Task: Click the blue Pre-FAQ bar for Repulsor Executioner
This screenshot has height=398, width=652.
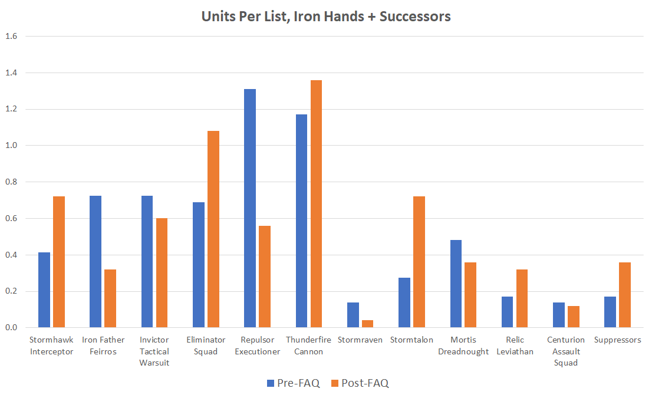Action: [249, 208]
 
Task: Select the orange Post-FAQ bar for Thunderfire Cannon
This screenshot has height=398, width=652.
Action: [316, 203]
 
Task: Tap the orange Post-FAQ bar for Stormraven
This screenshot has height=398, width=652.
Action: [367, 324]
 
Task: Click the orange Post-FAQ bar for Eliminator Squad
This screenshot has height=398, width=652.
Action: [213, 229]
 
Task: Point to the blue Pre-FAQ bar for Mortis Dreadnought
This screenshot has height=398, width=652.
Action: [456, 284]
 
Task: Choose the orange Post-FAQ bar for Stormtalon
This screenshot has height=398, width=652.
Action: [419, 262]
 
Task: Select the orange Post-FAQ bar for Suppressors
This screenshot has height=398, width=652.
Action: [625, 295]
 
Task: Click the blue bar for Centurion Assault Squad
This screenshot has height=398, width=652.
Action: [559, 315]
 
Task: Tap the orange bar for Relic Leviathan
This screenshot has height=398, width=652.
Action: [522, 298]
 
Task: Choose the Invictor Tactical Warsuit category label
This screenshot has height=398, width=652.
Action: [154, 351]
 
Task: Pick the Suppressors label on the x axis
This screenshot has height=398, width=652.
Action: [618, 340]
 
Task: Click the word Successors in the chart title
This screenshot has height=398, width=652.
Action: [415, 17]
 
